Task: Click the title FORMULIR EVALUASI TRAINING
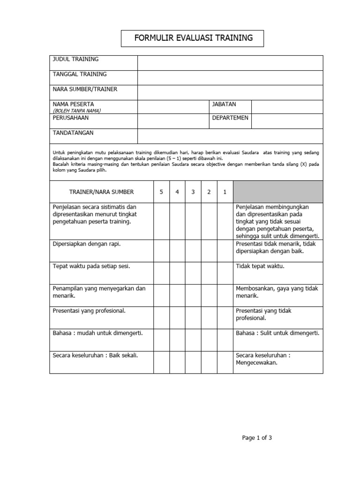(193, 38)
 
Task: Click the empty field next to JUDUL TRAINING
(230, 63)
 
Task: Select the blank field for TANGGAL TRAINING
(230, 78)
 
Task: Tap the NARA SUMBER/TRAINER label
(85, 89)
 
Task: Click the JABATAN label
(224, 104)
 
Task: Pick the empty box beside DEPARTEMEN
(287, 121)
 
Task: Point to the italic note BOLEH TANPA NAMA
(77, 111)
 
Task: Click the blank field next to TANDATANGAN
(230, 136)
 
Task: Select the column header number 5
(161, 192)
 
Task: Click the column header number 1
(225, 192)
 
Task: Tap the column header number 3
(193, 192)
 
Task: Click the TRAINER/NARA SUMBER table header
(101, 192)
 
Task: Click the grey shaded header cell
(278, 192)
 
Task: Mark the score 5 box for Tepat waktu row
(161, 273)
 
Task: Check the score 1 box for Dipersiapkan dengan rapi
(225, 251)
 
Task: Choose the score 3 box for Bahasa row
(193, 340)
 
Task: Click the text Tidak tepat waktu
(260, 266)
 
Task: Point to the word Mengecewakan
(257, 362)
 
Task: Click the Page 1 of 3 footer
(257, 438)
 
